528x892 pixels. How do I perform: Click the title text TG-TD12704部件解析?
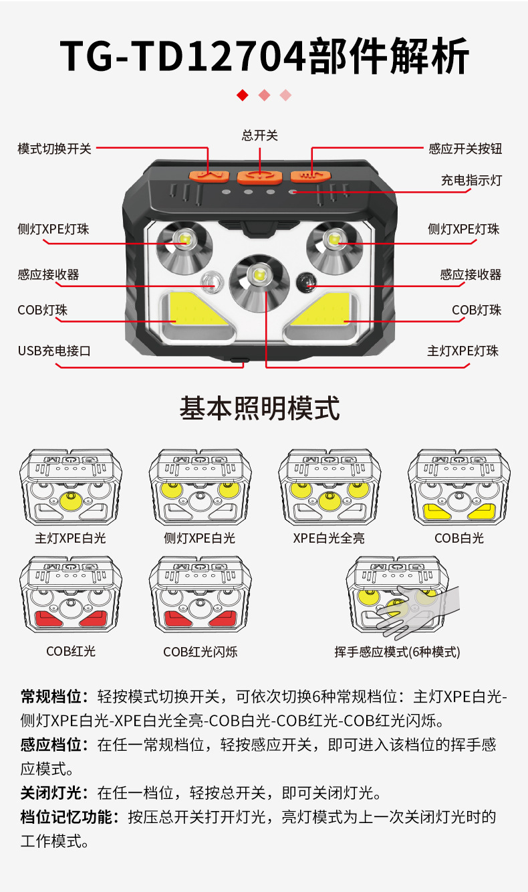click(x=264, y=56)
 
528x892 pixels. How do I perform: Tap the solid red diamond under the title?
click(x=243, y=96)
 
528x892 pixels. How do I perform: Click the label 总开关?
click(x=259, y=136)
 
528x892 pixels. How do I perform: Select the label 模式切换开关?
click(x=54, y=149)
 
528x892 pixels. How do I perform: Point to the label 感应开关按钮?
click(x=465, y=149)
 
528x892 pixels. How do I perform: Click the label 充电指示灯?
click(x=471, y=181)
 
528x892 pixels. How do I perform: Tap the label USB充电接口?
click(x=53, y=351)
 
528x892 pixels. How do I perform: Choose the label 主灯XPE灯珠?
click(x=463, y=351)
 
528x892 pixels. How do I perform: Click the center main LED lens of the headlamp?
click(x=258, y=276)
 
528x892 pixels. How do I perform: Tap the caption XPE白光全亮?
click(x=329, y=538)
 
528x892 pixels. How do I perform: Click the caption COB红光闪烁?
click(x=200, y=652)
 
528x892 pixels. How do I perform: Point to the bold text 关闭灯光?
click(x=52, y=794)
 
